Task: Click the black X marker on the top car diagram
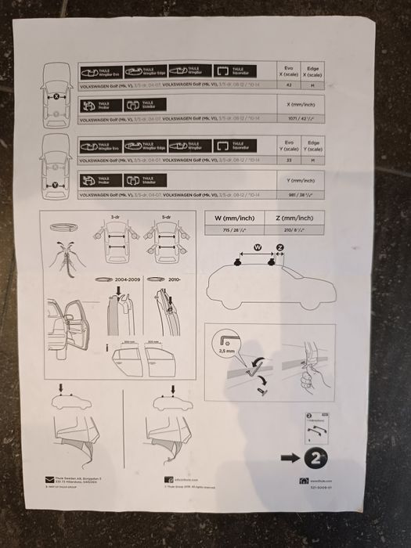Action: (58, 97)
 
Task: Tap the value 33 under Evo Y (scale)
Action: (289, 160)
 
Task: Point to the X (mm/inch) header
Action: (302, 104)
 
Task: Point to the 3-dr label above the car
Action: (115, 217)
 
